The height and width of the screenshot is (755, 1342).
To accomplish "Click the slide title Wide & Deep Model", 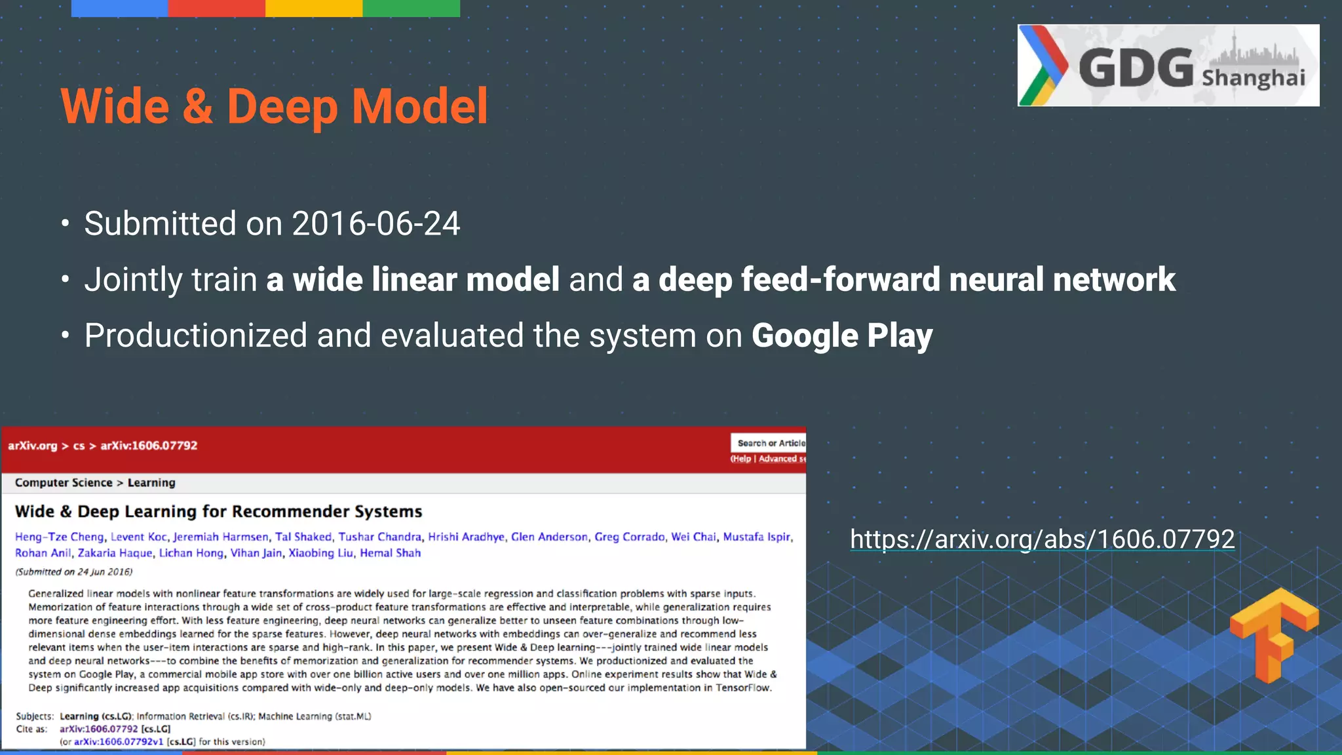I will [274, 106].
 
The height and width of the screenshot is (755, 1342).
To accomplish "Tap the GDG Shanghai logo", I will [1168, 66].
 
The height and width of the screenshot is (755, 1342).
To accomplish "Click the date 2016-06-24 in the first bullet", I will [375, 223].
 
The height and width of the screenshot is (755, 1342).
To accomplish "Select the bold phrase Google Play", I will [841, 336].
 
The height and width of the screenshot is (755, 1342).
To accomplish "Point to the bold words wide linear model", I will [426, 279].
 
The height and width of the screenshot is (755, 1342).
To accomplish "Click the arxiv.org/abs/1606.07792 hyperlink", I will [1042, 539].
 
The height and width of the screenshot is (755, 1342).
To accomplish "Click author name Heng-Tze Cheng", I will [60, 537].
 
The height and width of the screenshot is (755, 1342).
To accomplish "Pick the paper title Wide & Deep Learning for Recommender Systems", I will [218, 511].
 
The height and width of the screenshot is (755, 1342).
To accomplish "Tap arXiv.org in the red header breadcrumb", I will [32, 446].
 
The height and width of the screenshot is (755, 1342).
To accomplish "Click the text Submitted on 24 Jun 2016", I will [73, 571].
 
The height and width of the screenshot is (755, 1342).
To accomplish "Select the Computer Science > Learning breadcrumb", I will [95, 483].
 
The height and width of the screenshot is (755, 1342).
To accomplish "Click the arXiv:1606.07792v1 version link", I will [118, 742].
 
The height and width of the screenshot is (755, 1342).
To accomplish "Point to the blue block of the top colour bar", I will [119, 8].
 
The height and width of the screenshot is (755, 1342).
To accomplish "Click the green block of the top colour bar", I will [411, 8].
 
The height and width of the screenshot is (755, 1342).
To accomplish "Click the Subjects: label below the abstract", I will [34, 716].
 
